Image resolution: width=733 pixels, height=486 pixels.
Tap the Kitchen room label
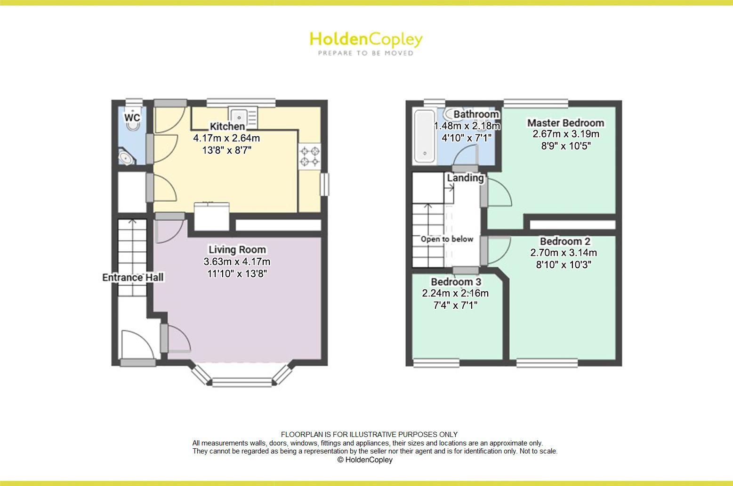[227, 126]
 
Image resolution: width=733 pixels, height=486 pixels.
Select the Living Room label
[237, 250]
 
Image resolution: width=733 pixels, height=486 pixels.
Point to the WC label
[132, 117]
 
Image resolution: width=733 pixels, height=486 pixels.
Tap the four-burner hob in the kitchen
[310, 157]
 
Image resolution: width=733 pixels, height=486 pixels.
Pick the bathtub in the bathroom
[425, 136]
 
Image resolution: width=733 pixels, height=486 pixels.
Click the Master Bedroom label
[566, 123]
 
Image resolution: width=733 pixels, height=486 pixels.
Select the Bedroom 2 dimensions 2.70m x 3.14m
[564, 253]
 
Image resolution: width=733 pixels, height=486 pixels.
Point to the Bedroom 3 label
[456, 282]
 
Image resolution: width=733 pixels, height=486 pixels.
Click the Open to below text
[447, 239]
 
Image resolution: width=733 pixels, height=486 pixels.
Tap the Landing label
[465, 178]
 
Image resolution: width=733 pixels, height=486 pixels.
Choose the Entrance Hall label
[133, 278]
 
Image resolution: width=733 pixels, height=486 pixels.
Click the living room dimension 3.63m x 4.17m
[237, 262]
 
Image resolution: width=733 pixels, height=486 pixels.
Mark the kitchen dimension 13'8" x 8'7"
[227, 150]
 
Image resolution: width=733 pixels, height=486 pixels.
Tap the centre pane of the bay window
[242, 382]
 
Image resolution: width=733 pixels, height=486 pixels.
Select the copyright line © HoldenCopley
[365, 460]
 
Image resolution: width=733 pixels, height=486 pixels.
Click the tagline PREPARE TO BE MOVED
[366, 53]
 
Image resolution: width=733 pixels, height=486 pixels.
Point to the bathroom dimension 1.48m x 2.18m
[467, 126]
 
